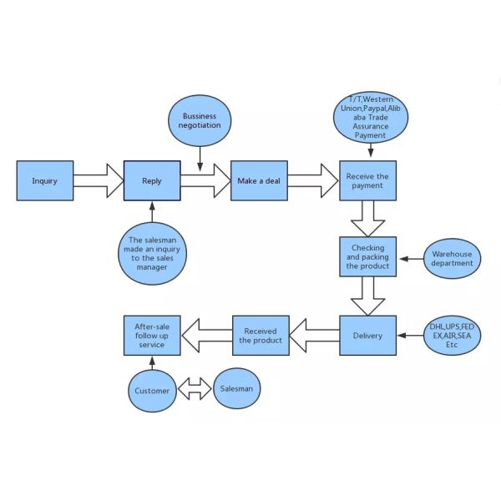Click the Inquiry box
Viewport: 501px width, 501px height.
click(x=44, y=180)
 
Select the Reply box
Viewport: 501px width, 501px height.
click(x=152, y=180)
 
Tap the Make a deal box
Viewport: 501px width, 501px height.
click(x=258, y=180)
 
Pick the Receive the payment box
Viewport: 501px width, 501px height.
click(x=367, y=180)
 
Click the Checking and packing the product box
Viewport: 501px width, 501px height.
click(x=367, y=258)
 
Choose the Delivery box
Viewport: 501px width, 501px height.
click(x=367, y=336)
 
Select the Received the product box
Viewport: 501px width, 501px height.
click(x=260, y=336)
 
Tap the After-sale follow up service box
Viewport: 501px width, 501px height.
click(x=152, y=336)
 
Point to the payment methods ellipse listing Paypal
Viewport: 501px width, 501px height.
click(x=371, y=117)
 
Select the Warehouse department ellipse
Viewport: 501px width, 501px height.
click(x=452, y=259)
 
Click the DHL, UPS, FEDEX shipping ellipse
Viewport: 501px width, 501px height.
click(x=452, y=335)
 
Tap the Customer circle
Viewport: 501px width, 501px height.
click(x=153, y=391)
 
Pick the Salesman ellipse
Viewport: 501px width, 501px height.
click(x=238, y=388)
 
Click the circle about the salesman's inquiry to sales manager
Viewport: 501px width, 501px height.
click(x=151, y=254)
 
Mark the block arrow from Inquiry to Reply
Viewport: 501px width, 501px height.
click(x=98, y=180)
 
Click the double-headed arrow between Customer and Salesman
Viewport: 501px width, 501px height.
click(x=196, y=389)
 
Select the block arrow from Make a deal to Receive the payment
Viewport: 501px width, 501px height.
click(x=313, y=180)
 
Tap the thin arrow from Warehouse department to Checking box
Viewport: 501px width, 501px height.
click(x=409, y=259)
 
